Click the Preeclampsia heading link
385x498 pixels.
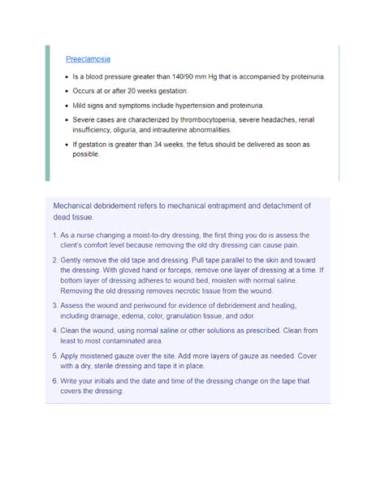(88, 59)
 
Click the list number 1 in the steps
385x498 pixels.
(54, 235)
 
